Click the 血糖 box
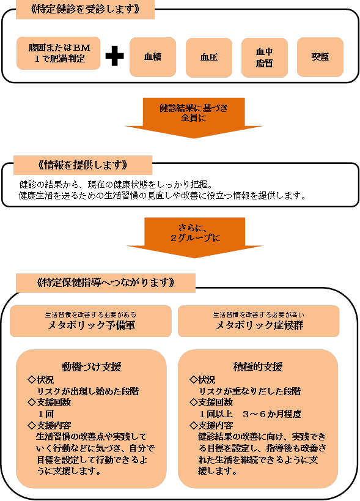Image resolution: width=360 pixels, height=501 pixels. [x=153, y=58]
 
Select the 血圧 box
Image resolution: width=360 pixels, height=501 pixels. [x=209, y=58]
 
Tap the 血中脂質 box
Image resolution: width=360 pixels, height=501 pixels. [x=264, y=58]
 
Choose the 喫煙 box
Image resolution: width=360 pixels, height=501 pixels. [x=320, y=58]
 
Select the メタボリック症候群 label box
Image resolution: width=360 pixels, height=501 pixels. [x=259, y=321]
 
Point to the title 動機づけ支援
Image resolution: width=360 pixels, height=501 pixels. [x=91, y=367]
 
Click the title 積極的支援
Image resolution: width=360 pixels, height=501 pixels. [x=259, y=367]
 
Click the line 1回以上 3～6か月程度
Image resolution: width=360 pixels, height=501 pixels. [x=250, y=414]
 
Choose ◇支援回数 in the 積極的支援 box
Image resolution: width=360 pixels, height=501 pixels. [x=212, y=402]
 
